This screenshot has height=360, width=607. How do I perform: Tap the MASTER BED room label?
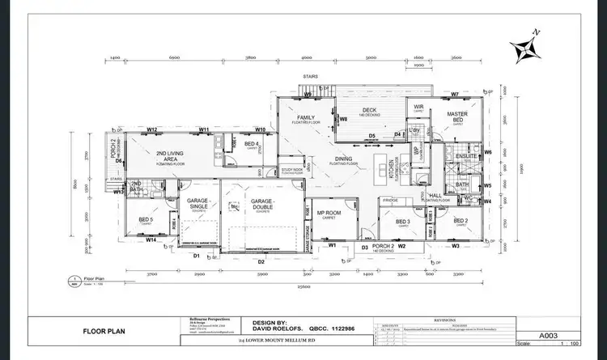pyautogui.click(x=457, y=117)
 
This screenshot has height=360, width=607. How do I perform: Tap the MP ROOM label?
pyautogui.click(x=329, y=214)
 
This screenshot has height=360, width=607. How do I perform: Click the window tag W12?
pyautogui.click(x=151, y=129)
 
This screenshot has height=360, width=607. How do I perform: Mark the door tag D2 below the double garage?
pyautogui.click(x=261, y=262)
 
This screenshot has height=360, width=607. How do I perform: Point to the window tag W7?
pyautogui.click(x=455, y=95)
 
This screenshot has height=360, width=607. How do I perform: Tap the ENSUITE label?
pyautogui.click(x=465, y=155)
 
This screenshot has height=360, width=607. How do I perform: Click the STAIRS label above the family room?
pyautogui.click(x=309, y=78)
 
